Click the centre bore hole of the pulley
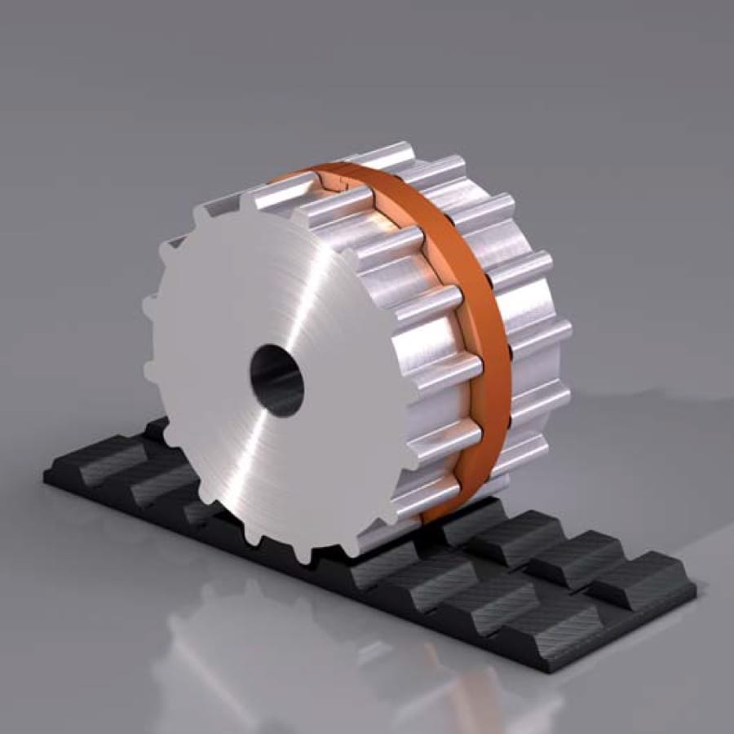[x=276, y=380]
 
